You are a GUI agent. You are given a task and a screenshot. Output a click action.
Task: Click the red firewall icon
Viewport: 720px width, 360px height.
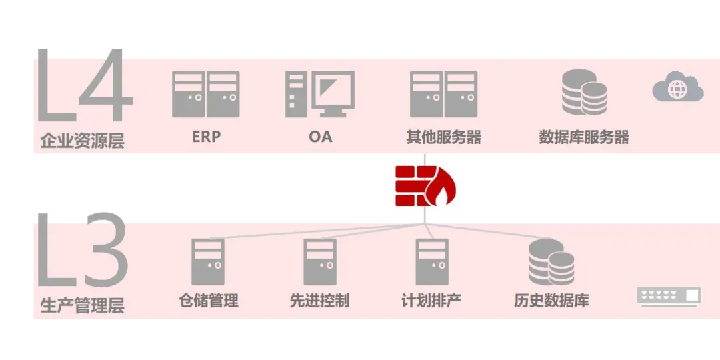click(425, 185)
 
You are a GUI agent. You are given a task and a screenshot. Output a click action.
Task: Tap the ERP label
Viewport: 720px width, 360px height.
click(206, 137)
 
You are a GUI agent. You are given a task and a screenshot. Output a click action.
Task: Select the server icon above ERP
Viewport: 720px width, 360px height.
click(206, 94)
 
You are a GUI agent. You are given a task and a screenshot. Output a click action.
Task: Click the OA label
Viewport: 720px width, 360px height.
click(320, 137)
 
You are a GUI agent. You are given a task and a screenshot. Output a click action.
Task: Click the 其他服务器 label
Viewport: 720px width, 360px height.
click(443, 137)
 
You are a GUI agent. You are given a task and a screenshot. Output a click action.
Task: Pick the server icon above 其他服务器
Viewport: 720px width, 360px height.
click(443, 94)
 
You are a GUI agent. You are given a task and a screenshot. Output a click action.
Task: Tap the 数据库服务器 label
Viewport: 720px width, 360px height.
click(584, 137)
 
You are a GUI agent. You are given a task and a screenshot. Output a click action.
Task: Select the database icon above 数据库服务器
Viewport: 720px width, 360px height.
click(584, 93)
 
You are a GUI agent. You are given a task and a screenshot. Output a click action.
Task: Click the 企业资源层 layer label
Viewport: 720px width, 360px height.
click(83, 141)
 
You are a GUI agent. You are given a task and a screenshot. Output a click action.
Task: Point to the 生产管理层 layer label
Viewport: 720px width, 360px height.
click(83, 306)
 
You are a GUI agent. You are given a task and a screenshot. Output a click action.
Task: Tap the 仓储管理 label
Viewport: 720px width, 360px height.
click(209, 301)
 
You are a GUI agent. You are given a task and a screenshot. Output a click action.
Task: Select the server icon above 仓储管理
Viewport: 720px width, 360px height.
click(208, 261)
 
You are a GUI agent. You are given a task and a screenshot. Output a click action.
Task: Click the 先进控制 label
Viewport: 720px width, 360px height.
click(320, 301)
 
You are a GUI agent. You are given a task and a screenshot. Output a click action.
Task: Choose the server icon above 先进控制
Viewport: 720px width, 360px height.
click(320, 261)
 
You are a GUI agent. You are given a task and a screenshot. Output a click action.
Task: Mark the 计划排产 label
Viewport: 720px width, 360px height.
click(431, 301)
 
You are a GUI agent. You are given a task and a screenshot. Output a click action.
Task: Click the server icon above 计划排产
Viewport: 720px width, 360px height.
click(432, 261)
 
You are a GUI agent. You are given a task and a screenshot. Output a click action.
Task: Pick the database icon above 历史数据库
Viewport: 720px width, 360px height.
click(551, 262)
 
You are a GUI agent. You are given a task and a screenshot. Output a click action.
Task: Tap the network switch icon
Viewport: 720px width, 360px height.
click(669, 296)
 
